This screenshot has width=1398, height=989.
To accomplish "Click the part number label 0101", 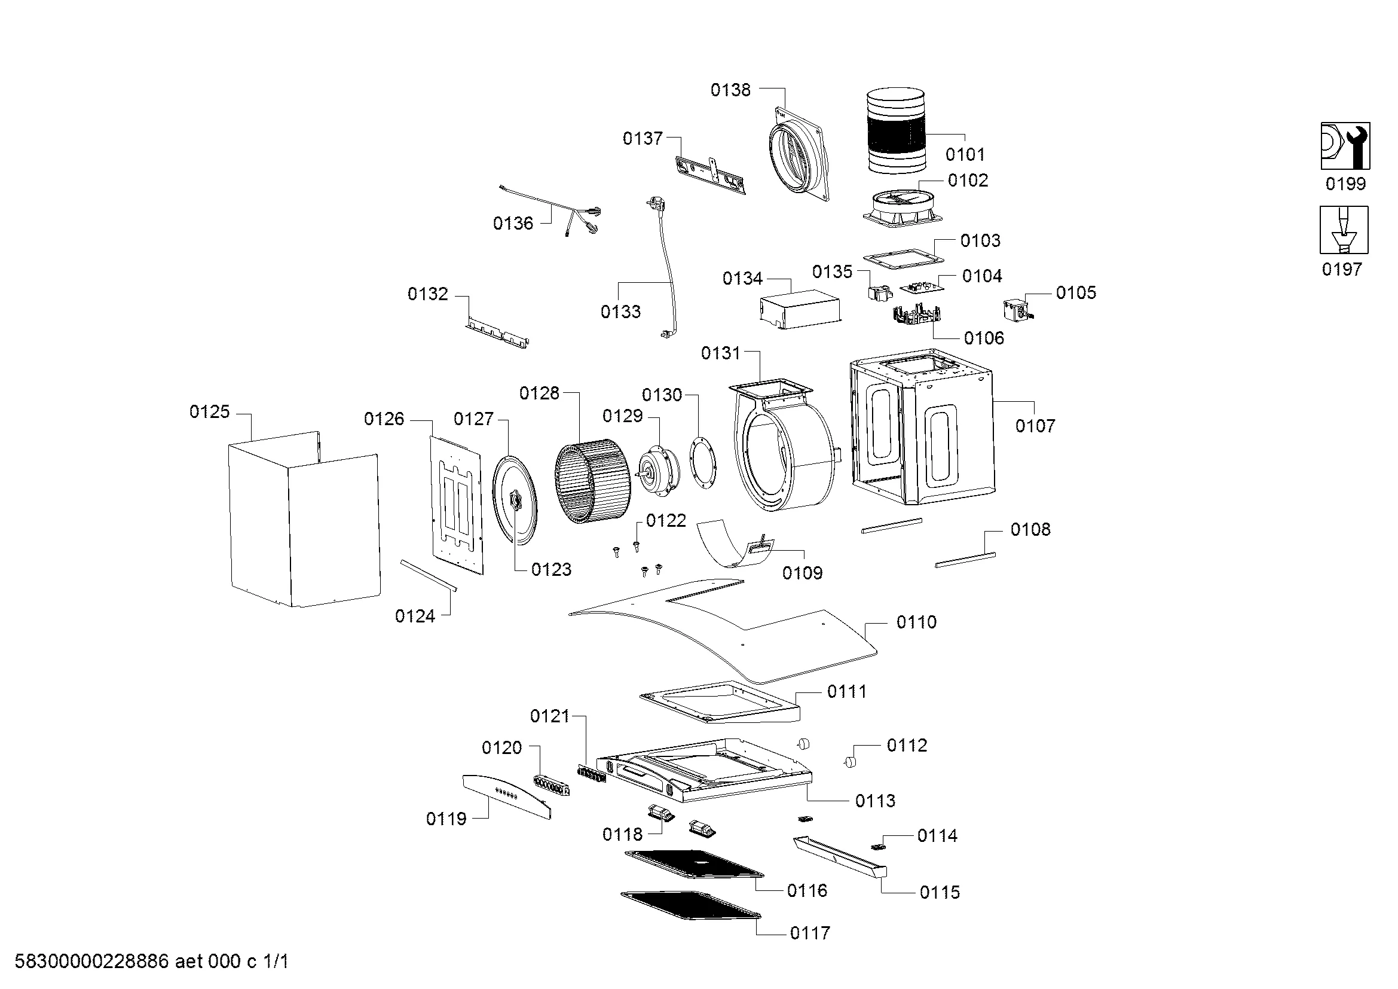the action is [965, 154].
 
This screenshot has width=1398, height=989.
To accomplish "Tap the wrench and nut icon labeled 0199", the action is [1345, 146].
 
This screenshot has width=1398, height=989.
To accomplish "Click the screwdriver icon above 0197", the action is [1344, 230].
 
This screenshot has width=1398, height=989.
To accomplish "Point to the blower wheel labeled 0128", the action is [593, 481].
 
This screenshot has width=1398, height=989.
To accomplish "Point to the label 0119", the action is [446, 819].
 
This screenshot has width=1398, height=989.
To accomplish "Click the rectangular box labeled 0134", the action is [801, 312].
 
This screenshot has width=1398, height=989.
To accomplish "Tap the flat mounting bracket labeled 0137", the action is [711, 175].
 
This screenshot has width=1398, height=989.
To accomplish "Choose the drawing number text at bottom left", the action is [152, 961].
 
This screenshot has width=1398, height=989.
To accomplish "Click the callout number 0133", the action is [620, 312].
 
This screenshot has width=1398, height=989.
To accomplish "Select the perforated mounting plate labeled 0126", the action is [456, 504].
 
